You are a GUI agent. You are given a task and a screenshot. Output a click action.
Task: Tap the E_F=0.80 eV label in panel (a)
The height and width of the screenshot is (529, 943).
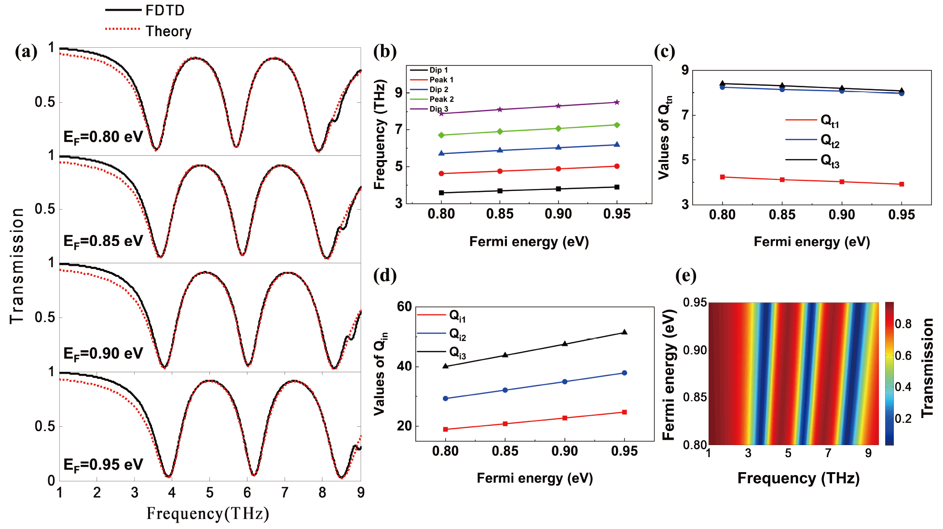[x=103, y=137]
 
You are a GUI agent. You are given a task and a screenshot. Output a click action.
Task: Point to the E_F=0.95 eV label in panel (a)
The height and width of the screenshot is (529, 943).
[x=103, y=465]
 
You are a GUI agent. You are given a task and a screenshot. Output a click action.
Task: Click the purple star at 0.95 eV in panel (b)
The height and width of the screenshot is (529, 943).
[x=617, y=102]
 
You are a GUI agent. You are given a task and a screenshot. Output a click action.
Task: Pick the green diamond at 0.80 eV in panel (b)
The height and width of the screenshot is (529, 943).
[x=441, y=135]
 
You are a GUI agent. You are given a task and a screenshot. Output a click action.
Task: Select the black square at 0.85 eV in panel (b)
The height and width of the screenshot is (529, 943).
[x=500, y=191]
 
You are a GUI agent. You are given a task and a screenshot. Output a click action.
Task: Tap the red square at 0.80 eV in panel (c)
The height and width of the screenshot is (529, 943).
[x=723, y=177]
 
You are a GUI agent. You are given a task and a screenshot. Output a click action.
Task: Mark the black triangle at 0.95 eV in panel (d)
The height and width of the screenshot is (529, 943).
[x=625, y=332]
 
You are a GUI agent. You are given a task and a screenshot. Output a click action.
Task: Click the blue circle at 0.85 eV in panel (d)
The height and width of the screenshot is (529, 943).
[x=505, y=390]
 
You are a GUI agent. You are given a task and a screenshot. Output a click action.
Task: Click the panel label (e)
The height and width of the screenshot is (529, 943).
[x=686, y=275]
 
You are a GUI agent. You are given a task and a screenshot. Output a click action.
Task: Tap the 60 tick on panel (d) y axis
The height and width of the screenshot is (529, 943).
[x=404, y=307]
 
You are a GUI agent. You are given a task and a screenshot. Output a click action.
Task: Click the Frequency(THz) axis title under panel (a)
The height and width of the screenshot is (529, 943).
[x=208, y=514]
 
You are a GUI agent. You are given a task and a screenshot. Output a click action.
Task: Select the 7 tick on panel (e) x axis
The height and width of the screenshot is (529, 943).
[x=828, y=453]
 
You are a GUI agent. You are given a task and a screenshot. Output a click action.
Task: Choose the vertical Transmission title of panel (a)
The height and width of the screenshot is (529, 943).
[x=17, y=266]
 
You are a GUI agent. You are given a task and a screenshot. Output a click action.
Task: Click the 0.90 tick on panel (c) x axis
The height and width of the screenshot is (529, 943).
[x=842, y=215]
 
